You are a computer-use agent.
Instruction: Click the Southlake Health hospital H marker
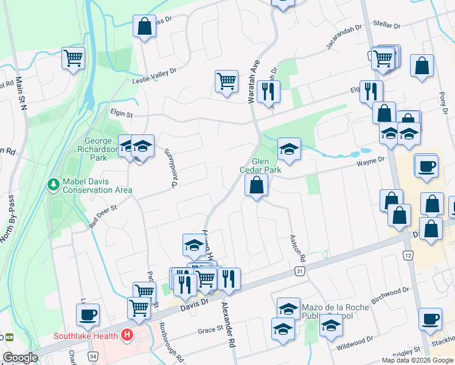tap(127, 335)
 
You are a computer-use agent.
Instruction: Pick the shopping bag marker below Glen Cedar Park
tap(256, 186)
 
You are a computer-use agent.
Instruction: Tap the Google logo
tap(20, 358)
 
